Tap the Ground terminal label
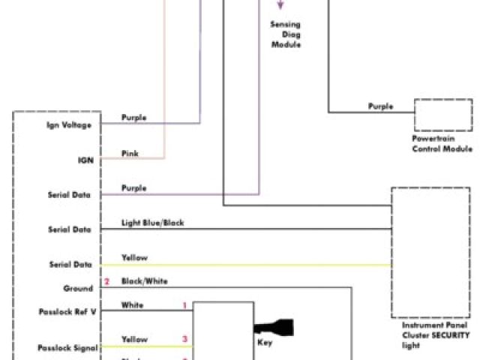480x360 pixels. [78, 288]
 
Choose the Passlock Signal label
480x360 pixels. [64, 347]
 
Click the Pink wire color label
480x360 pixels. [130, 154]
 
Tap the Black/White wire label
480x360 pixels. [145, 281]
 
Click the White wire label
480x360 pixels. [132, 305]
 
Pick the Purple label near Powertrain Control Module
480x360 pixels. [380, 106]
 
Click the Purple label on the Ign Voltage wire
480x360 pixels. [133, 118]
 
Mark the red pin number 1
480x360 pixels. [184, 306]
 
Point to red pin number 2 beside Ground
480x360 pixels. [106, 282]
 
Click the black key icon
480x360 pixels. [274, 328]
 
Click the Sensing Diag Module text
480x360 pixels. [286, 34]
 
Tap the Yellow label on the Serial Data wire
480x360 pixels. [134, 258]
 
